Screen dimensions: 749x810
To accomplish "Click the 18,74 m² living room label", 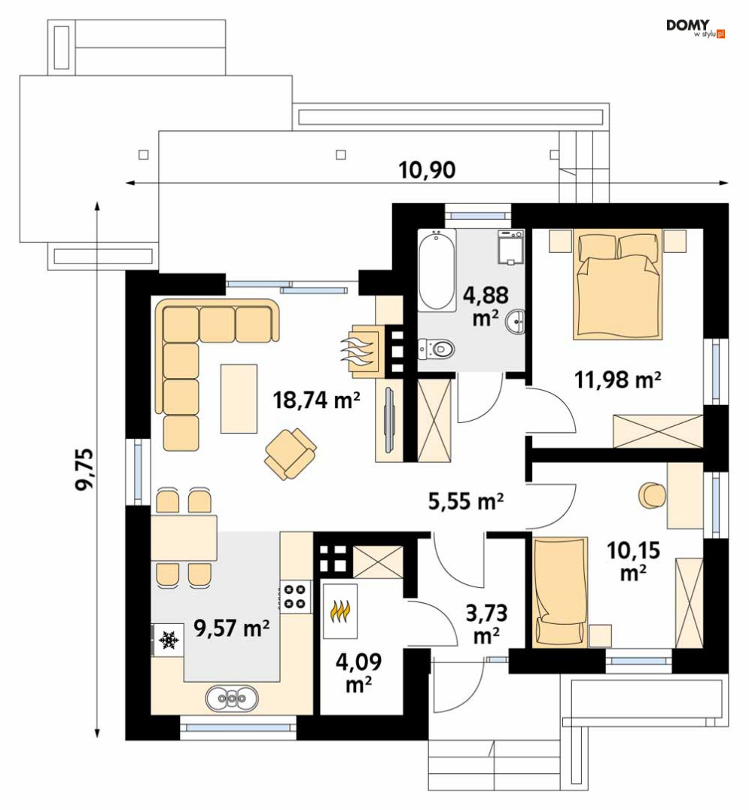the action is click(x=316, y=400).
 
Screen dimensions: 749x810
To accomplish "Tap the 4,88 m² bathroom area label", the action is click(x=486, y=306).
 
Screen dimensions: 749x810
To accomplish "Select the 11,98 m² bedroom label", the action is click(x=618, y=379).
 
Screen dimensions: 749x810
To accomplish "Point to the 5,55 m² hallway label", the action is click(x=466, y=501).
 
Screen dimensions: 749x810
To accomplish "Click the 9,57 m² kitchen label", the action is click(x=231, y=628).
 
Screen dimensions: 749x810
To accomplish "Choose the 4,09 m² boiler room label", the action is click(x=358, y=672).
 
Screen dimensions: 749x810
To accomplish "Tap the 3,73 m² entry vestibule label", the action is click(x=486, y=625).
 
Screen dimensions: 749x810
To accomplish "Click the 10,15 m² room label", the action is click(x=633, y=562).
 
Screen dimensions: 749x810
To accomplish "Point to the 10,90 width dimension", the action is click(x=427, y=170).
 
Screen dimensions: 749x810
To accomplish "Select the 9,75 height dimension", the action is click(x=85, y=469).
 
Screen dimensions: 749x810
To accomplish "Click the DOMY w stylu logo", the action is click(x=696, y=29).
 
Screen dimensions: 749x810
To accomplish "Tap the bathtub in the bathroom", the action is click(x=437, y=269).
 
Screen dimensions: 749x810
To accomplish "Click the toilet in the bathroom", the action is click(x=437, y=349).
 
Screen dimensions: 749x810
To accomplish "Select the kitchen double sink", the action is click(x=232, y=699).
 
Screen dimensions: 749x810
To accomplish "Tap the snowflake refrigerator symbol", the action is click(x=168, y=640).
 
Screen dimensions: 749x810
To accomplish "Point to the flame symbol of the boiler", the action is click(x=341, y=610).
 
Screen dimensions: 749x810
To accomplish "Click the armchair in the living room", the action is click(x=291, y=454).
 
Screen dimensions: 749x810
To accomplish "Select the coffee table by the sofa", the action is click(x=239, y=398).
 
